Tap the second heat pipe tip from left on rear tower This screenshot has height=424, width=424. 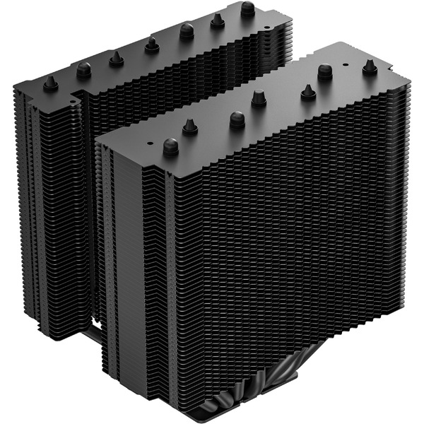(84, 69)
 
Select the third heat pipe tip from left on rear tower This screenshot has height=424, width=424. (115, 57)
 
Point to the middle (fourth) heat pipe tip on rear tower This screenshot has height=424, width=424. (152, 45)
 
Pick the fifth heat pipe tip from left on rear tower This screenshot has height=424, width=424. (187, 30)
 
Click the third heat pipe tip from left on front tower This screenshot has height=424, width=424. (237, 118)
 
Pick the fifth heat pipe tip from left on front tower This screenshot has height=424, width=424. (308, 90)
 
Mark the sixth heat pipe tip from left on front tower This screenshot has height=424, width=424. (326, 71)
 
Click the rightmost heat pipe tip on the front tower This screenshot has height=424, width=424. (370, 66)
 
